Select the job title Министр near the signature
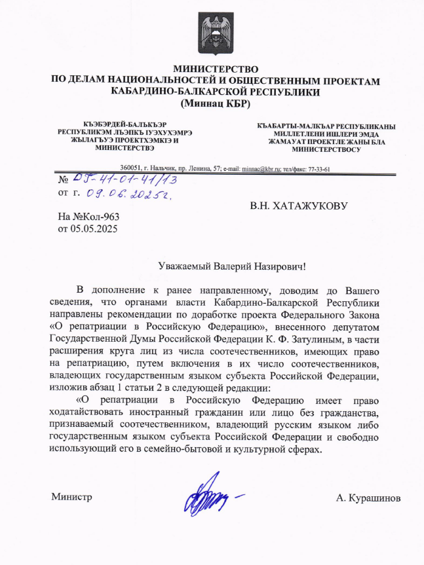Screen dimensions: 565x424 [71, 498]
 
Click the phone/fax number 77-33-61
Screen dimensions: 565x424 [317, 168]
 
